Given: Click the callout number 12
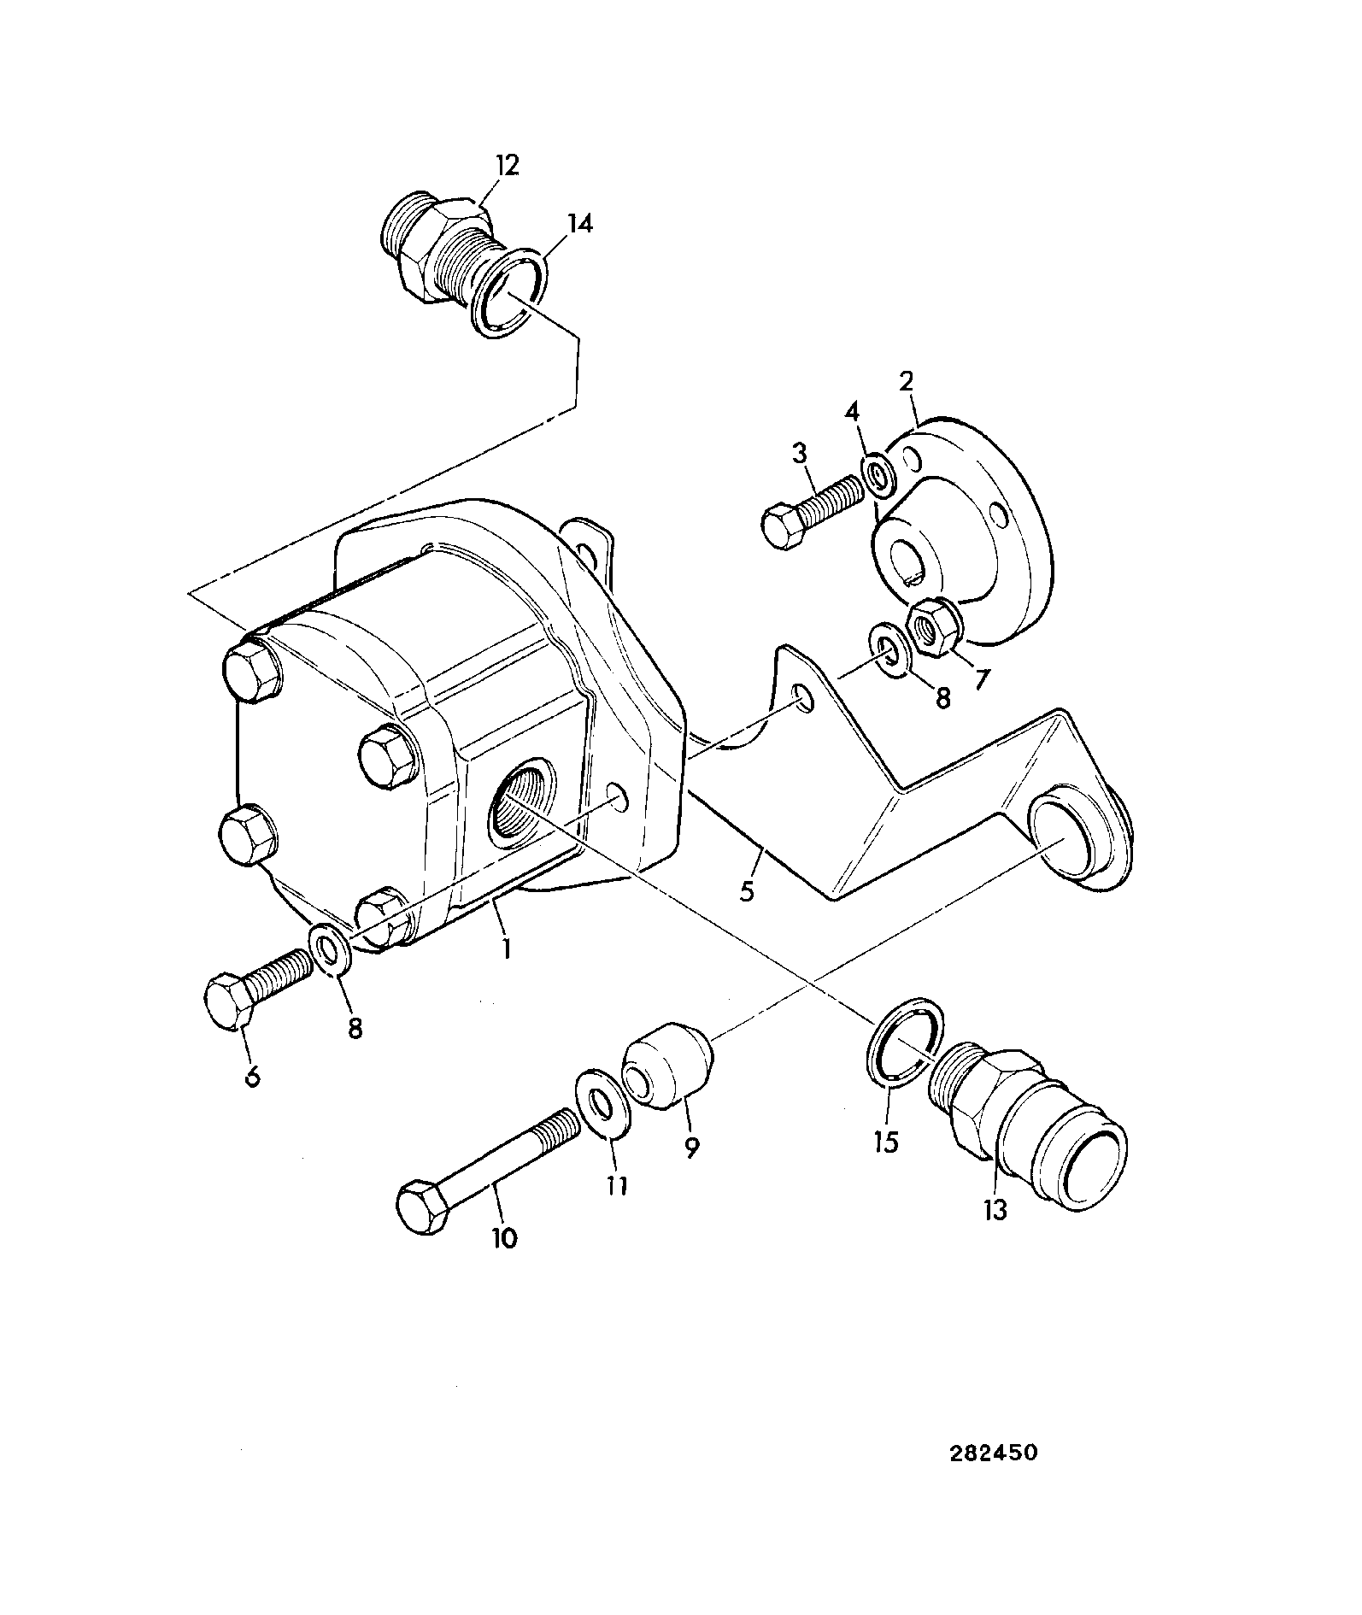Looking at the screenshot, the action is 507,165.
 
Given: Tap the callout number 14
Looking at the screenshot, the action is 578,224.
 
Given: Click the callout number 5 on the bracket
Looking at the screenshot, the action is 748,892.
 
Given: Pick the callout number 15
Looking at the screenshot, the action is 888,1142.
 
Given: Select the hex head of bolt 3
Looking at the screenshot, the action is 784,527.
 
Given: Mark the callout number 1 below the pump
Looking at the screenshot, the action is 507,948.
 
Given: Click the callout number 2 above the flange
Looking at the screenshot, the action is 907,381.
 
